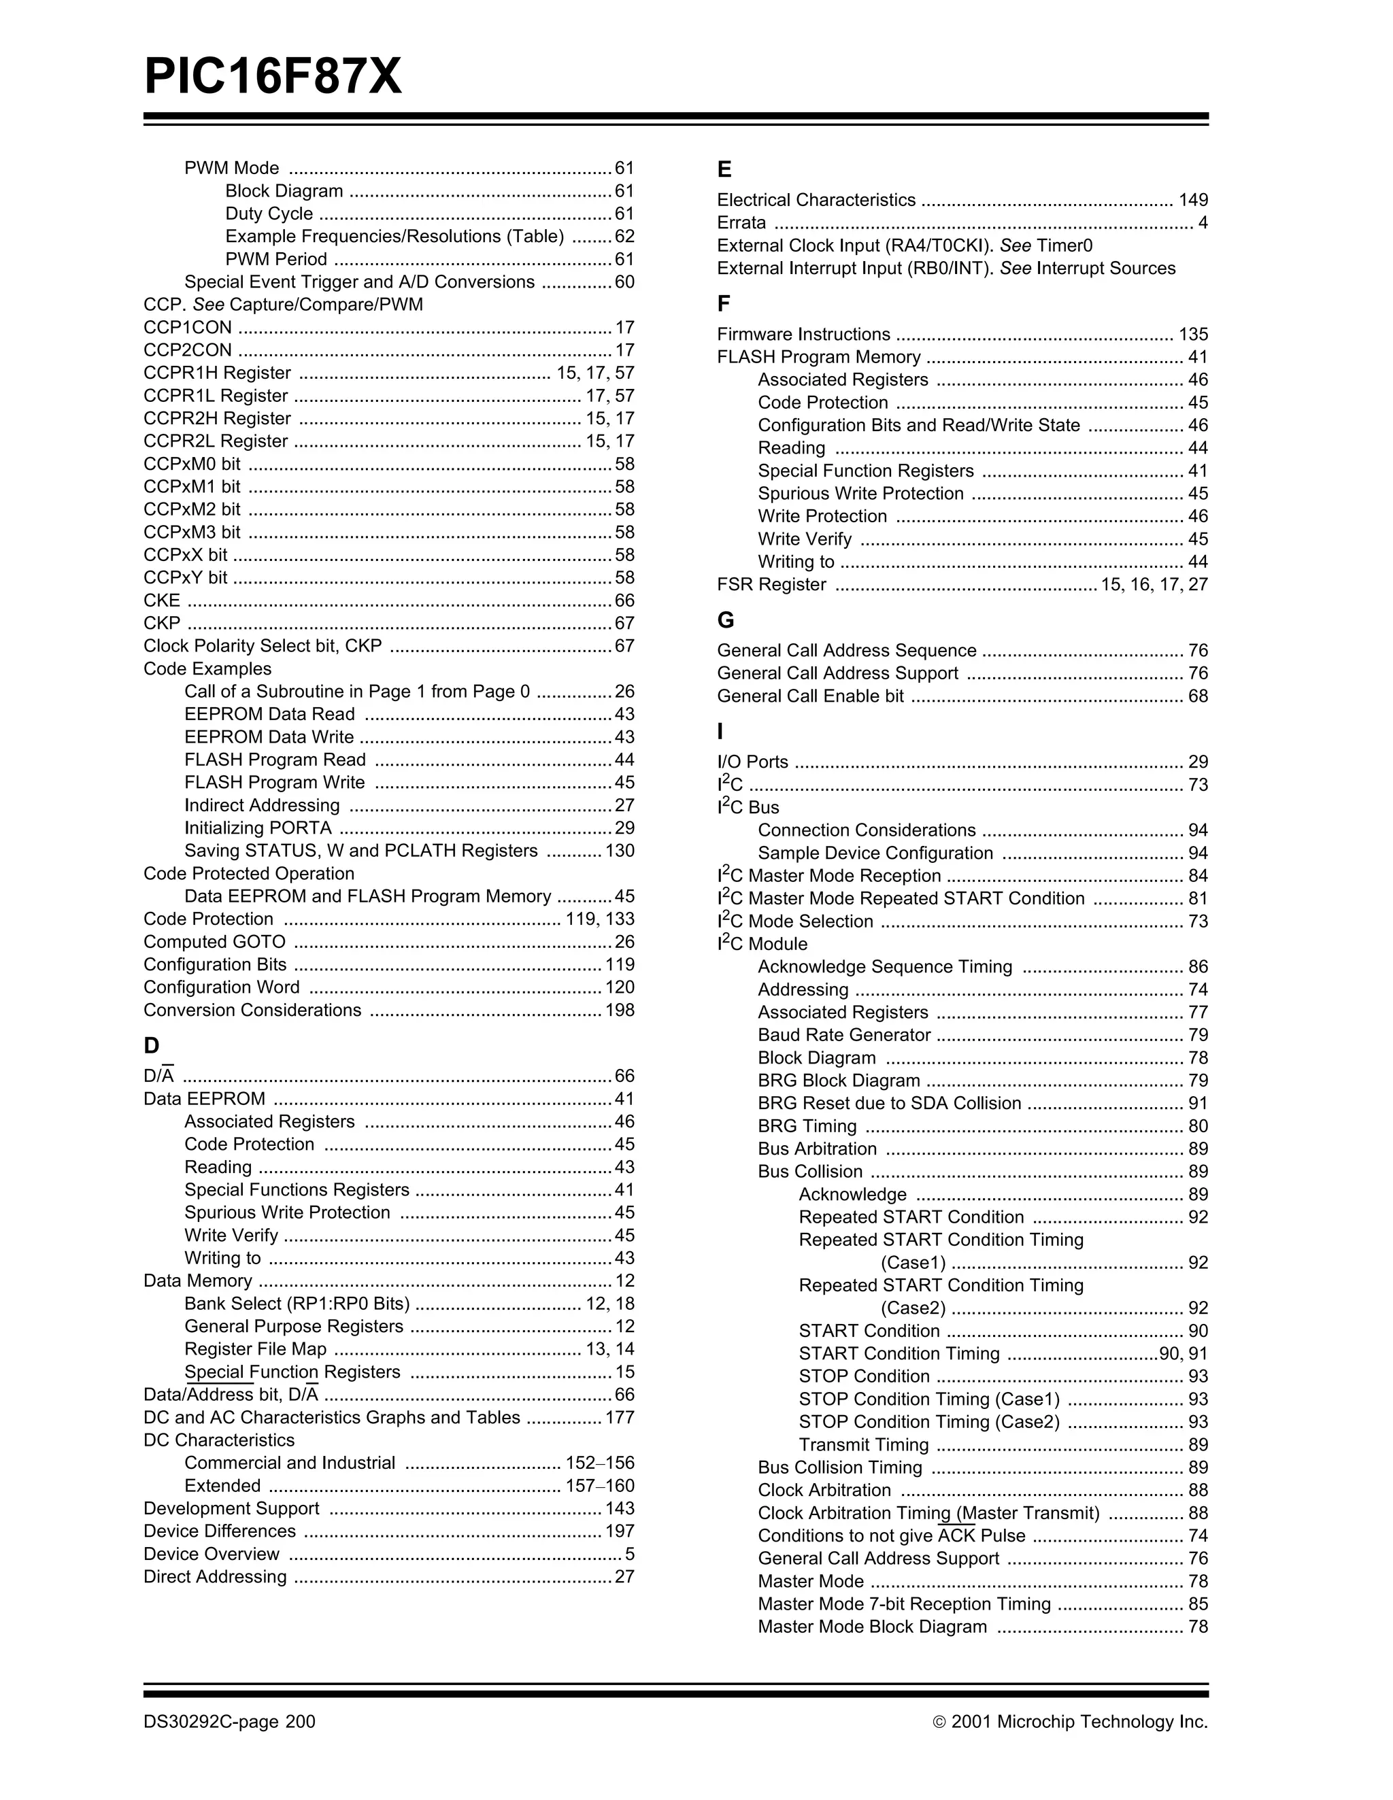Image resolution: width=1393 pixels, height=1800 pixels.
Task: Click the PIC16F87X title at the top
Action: (x=273, y=78)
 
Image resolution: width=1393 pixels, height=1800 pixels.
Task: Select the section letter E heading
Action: (x=724, y=170)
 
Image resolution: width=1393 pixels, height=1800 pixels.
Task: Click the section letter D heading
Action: (x=151, y=1045)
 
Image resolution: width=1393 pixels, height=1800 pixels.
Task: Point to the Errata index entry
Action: (x=741, y=222)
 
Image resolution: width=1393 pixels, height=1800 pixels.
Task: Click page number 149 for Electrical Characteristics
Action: (x=1193, y=201)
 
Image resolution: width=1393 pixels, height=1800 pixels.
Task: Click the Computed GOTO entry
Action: (x=214, y=942)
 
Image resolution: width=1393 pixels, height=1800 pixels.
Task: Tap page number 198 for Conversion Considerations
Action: (x=620, y=1011)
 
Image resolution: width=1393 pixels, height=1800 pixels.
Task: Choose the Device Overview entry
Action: (x=211, y=1555)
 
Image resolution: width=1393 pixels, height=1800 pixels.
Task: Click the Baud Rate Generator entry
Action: (x=844, y=1035)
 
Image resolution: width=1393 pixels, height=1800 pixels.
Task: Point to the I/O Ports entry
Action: (x=752, y=762)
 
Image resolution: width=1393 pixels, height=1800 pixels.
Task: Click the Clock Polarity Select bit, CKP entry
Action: (x=262, y=646)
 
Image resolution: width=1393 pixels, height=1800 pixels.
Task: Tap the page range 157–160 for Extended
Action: (x=599, y=1486)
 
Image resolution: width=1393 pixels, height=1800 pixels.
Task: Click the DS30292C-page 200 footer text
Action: (x=229, y=1722)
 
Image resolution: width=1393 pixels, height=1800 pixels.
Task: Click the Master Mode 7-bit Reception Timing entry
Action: (x=904, y=1604)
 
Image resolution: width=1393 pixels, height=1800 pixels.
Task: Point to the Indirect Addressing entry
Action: (x=261, y=805)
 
